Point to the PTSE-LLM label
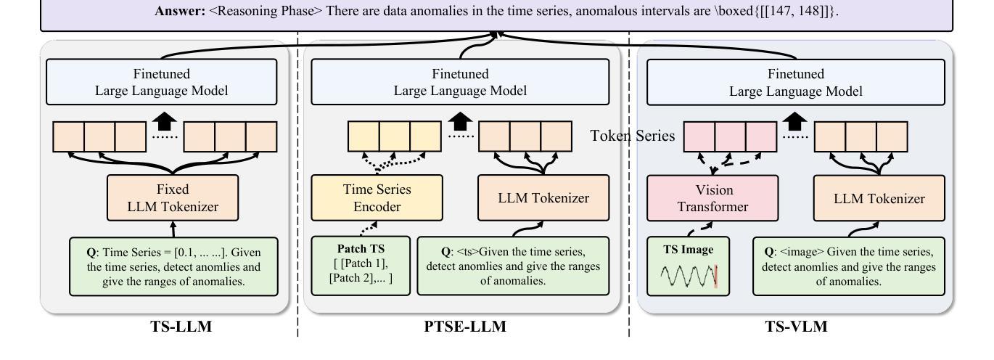[x=465, y=327]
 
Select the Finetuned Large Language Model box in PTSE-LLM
[x=460, y=82]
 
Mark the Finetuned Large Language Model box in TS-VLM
[x=795, y=82]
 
